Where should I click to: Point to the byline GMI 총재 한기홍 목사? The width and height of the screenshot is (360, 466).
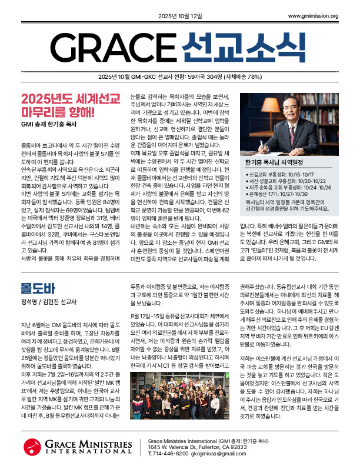tap(56, 125)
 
